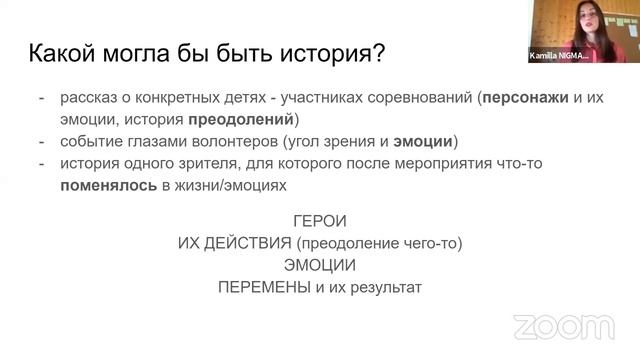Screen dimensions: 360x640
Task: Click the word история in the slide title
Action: pos(319,51)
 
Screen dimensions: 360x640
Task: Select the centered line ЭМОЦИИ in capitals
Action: pos(320,265)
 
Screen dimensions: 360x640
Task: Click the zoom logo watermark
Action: pos(563,327)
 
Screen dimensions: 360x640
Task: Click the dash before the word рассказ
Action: pos(40,99)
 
